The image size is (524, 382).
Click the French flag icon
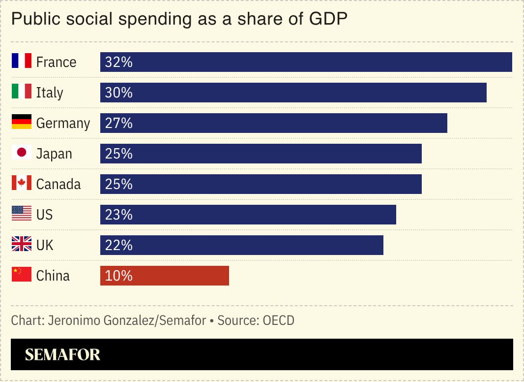tap(22, 61)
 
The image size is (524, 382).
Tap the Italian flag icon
tap(22, 92)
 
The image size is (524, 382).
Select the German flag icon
tap(22, 122)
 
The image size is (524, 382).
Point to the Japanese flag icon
tap(22, 153)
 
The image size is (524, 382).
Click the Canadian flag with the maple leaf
tap(22, 183)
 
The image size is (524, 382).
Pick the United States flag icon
tap(22, 214)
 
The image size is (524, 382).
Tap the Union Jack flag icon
tap(22, 244)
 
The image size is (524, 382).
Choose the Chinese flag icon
tap(22, 275)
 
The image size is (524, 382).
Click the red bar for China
tap(165, 276)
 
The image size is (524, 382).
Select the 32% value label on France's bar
tap(119, 63)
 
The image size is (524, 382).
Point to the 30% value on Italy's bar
tap(119, 93)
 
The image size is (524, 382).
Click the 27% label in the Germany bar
tap(119, 124)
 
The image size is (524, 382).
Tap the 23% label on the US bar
tap(119, 215)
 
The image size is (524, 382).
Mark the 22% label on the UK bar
tap(119, 246)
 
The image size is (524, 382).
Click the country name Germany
tap(63, 124)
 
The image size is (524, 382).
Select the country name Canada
tap(58, 185)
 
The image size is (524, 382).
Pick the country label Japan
tap(54, 154)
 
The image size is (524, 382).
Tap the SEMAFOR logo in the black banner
tap(62, 354)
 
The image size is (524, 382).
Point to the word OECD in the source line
tap(278, 321)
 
